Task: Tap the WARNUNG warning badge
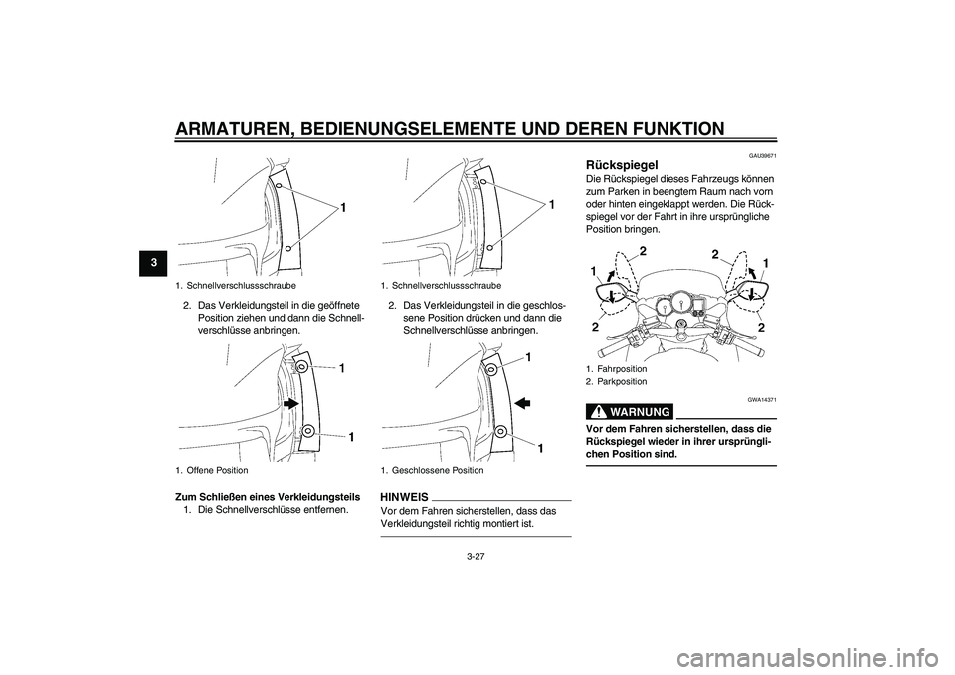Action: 630,412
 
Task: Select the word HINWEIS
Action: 404,497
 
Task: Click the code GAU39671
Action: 763,156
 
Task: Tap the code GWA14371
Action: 763,399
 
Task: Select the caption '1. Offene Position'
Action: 211,470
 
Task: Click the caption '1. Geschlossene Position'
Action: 432,470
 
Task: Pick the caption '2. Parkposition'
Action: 616,381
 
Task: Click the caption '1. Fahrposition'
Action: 616,369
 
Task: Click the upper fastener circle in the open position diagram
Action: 302,367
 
